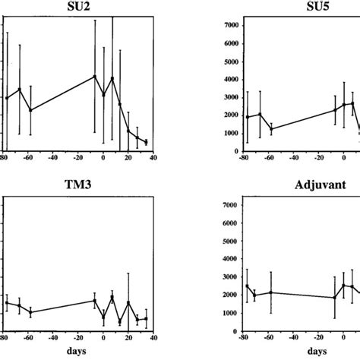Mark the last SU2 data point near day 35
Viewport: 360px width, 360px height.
[x=146, y=142]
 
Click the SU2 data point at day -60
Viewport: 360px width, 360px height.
[x=30, y=110]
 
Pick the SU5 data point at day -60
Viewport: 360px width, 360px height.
[x=271, y=129]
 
